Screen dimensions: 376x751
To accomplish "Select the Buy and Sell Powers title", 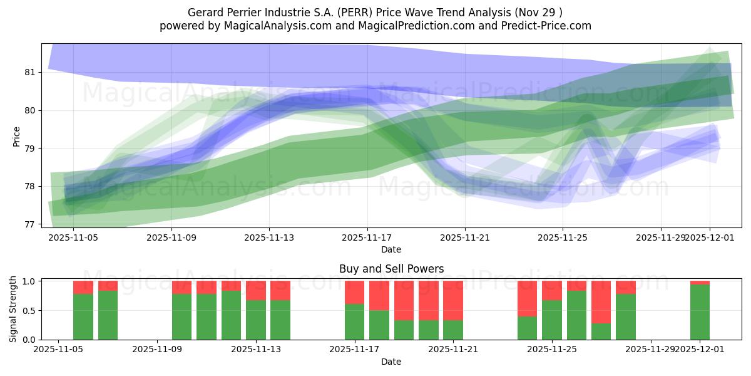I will [391, 269].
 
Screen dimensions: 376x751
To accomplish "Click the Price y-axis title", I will [17, 136].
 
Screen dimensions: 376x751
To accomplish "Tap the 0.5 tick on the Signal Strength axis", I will [29, 310].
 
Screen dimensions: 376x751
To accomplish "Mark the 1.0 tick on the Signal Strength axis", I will [29, 281].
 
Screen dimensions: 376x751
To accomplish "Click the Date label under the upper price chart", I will [391, 249].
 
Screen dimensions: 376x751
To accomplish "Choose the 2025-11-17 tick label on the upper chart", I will [367, 238].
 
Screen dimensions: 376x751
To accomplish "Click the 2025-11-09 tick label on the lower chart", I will [157, 350].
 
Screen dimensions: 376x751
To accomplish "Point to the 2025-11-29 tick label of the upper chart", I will [660, 238].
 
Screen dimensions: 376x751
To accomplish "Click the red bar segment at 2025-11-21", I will [453, 300].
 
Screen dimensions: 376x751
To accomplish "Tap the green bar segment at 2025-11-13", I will [256, 320].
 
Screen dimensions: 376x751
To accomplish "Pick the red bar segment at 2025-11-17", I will [354, 292].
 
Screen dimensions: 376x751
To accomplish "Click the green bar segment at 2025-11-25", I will [551, 320].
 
